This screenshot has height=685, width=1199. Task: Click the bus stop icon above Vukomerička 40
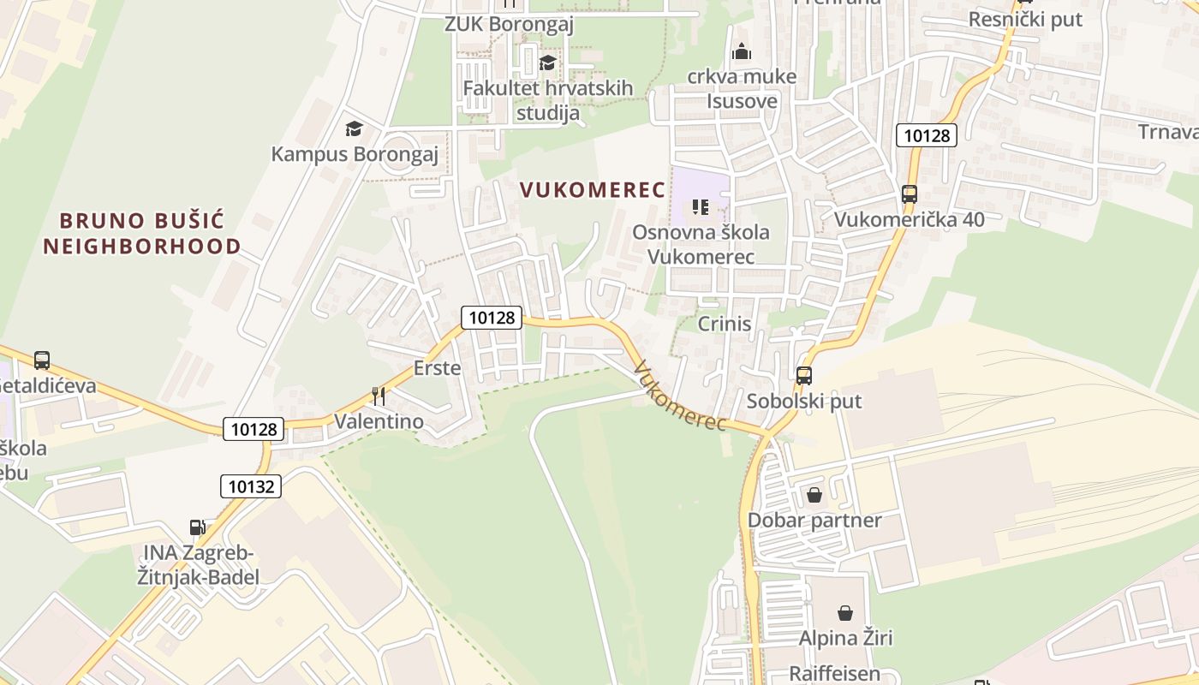[x=910, y=194]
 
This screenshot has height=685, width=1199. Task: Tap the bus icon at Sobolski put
[x=803, y=375]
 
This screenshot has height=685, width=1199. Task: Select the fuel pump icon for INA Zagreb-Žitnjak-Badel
[x=198, y=527]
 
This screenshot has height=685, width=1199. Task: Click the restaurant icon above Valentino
[x=379, y=396]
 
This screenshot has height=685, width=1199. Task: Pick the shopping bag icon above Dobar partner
[x=814, y=495]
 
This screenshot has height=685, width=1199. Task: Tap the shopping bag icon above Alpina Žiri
[x=845, y=613]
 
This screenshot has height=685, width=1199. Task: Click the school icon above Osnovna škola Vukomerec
[x=701, y=206]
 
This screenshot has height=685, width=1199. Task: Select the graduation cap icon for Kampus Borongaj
[x=354, y=129]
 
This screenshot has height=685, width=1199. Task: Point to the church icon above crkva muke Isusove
[x=742, y=51]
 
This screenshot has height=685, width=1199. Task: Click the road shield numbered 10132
[x=251, y=486]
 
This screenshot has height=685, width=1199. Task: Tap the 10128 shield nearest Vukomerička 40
[x=927, y=134]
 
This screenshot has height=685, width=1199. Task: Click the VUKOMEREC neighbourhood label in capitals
[x=593, y=190]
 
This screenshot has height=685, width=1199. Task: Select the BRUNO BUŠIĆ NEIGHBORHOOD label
[x=142, y=234]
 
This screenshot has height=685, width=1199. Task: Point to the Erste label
[x=437, y=368]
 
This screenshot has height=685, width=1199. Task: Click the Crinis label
[x=725, y=324]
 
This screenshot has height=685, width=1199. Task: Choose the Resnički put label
[x=1025, y=19]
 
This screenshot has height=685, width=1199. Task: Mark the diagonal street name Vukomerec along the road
[x=681, y=396]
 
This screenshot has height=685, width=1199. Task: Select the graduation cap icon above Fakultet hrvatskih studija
[x=547, y=63]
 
